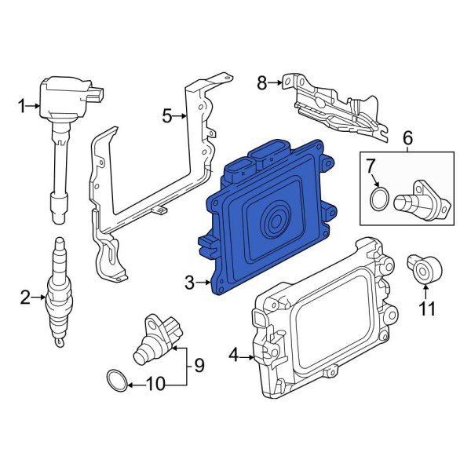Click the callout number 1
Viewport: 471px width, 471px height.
click(24, 105)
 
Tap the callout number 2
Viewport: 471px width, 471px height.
click(24, 297)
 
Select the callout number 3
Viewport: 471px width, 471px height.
click(188, 281)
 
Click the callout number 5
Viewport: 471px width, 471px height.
click(166, 116)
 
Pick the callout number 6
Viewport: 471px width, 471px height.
click(407, 139)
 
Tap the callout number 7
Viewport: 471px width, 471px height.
click(372, 166)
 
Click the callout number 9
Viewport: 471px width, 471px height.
click(199, 364)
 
